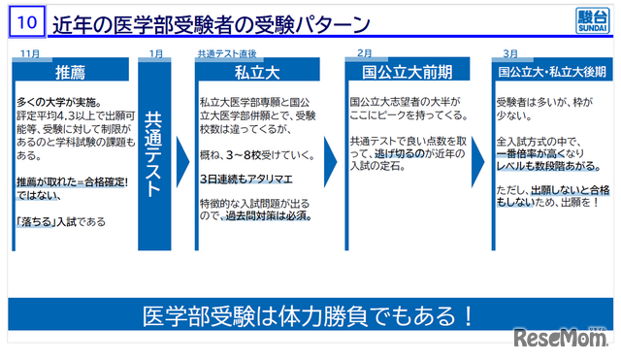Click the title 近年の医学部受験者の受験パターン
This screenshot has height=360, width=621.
(212, 21)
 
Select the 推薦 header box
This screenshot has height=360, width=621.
(71, 71)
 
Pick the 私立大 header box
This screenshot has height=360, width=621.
(258, 71)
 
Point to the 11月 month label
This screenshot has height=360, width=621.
(30, 53)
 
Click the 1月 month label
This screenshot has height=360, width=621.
(156, 53)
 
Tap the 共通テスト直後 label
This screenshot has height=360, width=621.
(226, 53)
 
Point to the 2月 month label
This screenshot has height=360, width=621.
(365, 53)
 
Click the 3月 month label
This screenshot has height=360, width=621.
(510, 53)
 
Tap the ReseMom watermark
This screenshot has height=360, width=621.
(563, 339)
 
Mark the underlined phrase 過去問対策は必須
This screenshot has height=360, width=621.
(274, 215)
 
